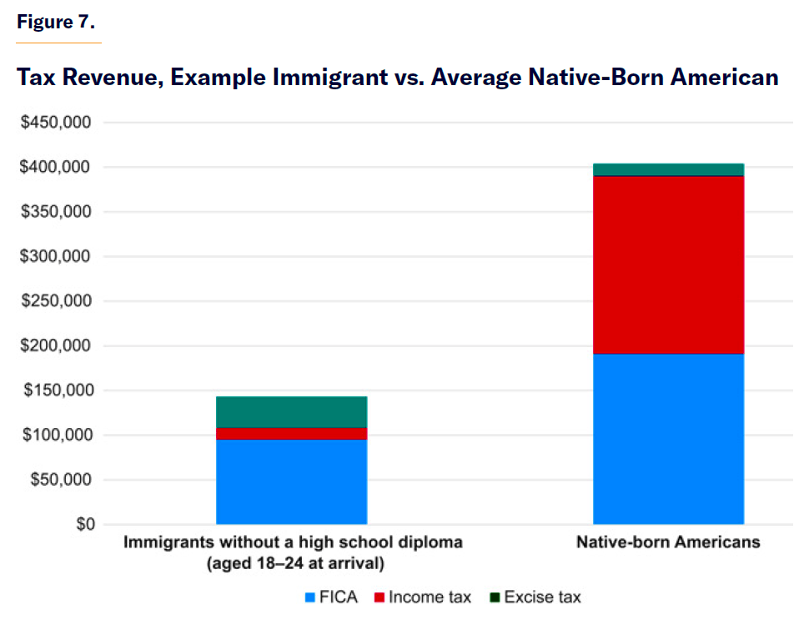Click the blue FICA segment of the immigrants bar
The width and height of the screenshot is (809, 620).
[x=291, y=481]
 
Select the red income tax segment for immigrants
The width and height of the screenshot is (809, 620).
[x=291, y=434]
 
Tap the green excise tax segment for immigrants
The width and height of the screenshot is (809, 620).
[x=291, y=412]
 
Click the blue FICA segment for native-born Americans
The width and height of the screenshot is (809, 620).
[x=668, y=439]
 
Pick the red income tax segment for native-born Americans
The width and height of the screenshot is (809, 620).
[x=668, y=265]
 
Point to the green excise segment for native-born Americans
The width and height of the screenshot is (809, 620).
[x=668, y=170]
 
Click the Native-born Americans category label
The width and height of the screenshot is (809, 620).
[x=668, y=542]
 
